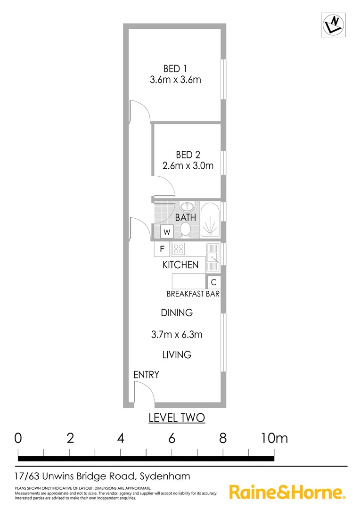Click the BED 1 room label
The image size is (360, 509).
click(175, 68)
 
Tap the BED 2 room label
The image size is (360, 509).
click(188, 155)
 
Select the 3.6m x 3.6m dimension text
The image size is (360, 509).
click(175, 80)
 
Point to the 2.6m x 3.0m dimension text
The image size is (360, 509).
click(188, 166)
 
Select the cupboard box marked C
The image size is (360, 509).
click(213, 282)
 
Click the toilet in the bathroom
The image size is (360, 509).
click(185, 230)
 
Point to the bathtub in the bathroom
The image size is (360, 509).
click(210, 219)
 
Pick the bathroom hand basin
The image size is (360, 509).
click(187, 206)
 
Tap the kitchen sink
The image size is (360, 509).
click(213, 257)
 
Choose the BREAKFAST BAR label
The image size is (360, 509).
click(194, 294)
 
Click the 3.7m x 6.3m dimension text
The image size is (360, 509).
click(177, 335)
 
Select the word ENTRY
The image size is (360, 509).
click(146, 375)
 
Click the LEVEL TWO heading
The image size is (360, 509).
click(177, 418)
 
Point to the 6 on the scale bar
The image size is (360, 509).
click(172, 438)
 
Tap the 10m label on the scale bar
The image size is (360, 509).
click(274, 438)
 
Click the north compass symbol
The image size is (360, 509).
click(334, 25)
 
